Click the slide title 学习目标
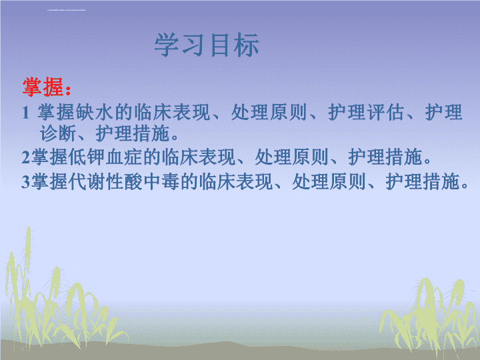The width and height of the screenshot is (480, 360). [x=207, y=45]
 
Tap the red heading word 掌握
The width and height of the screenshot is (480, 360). [x=43, y=87]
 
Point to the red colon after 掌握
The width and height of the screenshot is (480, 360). [x=68, y=90]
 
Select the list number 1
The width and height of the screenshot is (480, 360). [x=25, y=113]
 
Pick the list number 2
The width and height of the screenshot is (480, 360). [x=26, y=157]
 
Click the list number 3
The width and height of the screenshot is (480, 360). [x=26, y=182]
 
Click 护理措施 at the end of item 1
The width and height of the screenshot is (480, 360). [x=132, y=134]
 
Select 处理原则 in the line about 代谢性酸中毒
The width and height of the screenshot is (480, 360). [x=329, y=181]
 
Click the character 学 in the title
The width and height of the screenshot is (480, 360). [x=167, y=45]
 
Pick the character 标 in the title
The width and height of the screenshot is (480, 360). [x=247, y=45]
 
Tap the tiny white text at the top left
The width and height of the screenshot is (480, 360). [x=67, y=10]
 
